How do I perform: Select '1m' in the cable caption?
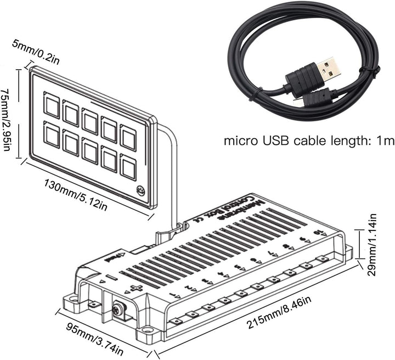(384, 141)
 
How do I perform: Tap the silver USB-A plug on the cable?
(330, 69)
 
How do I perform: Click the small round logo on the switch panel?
(140, 192)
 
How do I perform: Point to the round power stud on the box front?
(117, 311)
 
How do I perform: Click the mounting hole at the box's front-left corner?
(70, 300)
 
